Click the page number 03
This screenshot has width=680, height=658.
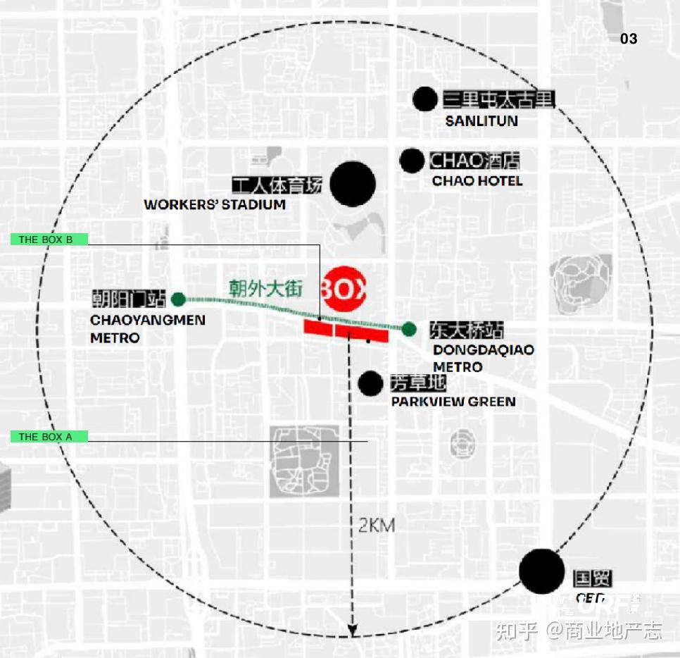[628, 39]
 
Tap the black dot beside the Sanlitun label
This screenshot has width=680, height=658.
[425, 99]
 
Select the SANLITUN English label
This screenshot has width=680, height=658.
[481, 121]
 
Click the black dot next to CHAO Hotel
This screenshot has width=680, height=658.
[412, 161]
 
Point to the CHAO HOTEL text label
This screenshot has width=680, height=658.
[477, 181]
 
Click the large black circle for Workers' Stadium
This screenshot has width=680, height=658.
[353, 184]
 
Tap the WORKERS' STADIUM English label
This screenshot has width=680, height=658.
[215, 205]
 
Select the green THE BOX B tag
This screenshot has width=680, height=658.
[49, 240]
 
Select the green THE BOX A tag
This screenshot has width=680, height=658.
[49, 437]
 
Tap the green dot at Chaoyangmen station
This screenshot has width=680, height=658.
[179, 299]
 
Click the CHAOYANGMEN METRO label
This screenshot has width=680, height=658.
[148, 329]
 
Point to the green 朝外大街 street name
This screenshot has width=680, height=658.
[265, 288]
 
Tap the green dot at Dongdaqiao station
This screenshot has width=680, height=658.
[409, 328]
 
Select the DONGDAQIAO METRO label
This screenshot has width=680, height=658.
[483, 358]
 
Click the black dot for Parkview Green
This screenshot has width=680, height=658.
[370, 383]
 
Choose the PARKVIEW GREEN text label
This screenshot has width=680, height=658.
[453, 402]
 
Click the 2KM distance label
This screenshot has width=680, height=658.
[377, 526]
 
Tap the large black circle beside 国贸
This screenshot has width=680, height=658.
[542, 571]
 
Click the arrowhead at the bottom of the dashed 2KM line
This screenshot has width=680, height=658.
[353, 628]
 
